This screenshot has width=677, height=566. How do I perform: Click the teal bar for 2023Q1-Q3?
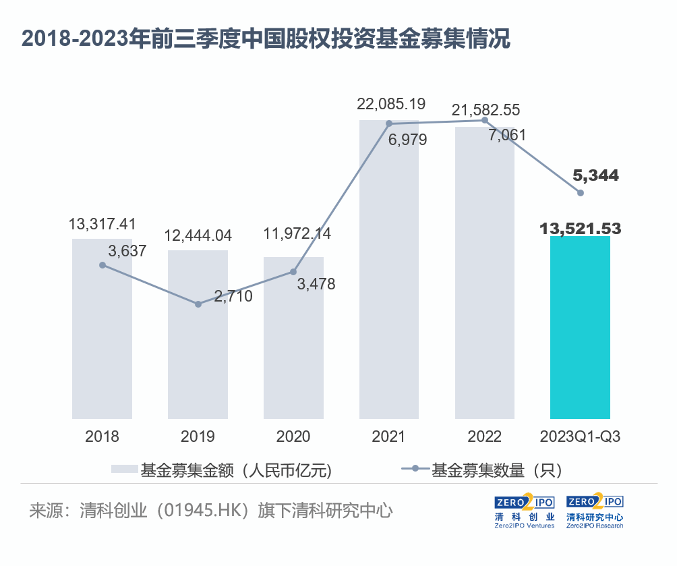580,327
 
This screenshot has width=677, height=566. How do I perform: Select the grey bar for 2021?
389,269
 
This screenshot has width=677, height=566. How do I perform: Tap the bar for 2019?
198,335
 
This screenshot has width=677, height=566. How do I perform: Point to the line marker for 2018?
102,265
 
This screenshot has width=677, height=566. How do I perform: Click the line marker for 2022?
484,120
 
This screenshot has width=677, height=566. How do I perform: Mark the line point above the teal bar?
581,193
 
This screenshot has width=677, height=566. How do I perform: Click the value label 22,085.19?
391,104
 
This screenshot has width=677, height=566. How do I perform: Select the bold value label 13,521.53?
581,228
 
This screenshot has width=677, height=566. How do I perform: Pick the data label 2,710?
233,296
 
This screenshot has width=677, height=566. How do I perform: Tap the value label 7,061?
507,135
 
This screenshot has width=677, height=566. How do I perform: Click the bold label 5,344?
596,175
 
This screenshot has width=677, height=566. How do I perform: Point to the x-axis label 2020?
293,436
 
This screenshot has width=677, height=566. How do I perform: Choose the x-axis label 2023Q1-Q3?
581,436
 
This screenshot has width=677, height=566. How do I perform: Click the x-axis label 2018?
102,436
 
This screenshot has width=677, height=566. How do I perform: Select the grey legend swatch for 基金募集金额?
124,469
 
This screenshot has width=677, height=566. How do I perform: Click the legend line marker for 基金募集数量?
415,469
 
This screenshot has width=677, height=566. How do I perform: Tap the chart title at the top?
266,38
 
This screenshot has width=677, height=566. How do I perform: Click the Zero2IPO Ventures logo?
524,511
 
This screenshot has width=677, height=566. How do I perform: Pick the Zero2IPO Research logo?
595,511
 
